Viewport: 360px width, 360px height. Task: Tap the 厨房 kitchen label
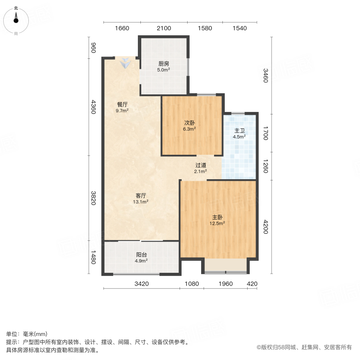tap(164, 64)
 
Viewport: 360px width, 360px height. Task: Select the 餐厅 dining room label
tap(122, 105)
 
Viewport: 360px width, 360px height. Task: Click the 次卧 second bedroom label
tap(190, 123)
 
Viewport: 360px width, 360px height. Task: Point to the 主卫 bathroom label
tap(239, 131)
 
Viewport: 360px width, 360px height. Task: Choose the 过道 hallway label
tap(201, 165)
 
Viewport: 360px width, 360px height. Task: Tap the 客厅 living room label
tap(141, 196)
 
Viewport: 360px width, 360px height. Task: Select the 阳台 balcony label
tap(141, 254)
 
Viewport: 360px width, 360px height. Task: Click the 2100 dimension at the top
tap(164, 28)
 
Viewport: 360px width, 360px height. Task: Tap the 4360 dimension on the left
tap(93, 107)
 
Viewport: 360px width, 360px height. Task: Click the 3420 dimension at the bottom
tap(142, 284)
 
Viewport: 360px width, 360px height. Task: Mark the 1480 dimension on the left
tap(93, 257)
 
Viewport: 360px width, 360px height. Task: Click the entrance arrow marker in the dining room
tap(125, 63)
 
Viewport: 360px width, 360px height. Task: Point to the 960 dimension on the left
tap(93, 48)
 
